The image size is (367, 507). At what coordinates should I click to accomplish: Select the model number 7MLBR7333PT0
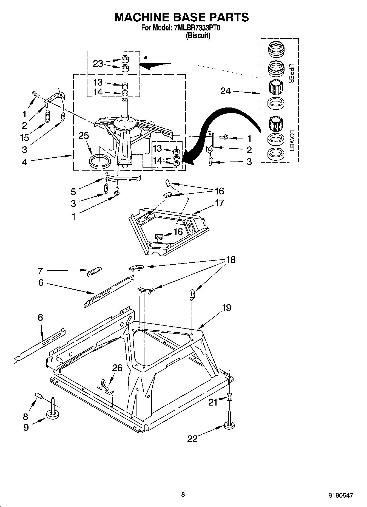coord(197,28)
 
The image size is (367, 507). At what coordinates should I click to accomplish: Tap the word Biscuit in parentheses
coord(198,36)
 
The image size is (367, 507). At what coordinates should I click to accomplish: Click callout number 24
coord(226,91)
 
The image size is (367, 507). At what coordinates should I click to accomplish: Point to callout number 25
coord(84,135)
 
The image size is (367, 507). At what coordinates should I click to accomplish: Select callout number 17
coord(220,203)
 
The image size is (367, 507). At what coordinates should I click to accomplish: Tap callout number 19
coord(226,308)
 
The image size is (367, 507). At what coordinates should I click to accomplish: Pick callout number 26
coord(117,368)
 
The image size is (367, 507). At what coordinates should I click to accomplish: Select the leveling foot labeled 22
coord(230,425)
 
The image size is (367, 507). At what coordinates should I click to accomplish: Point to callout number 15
coord(25,137)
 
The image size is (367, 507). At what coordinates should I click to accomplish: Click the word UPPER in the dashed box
coord(291,73)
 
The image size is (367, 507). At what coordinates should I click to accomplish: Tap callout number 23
coord(98,64)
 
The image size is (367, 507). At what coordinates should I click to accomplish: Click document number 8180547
coord(341,495)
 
